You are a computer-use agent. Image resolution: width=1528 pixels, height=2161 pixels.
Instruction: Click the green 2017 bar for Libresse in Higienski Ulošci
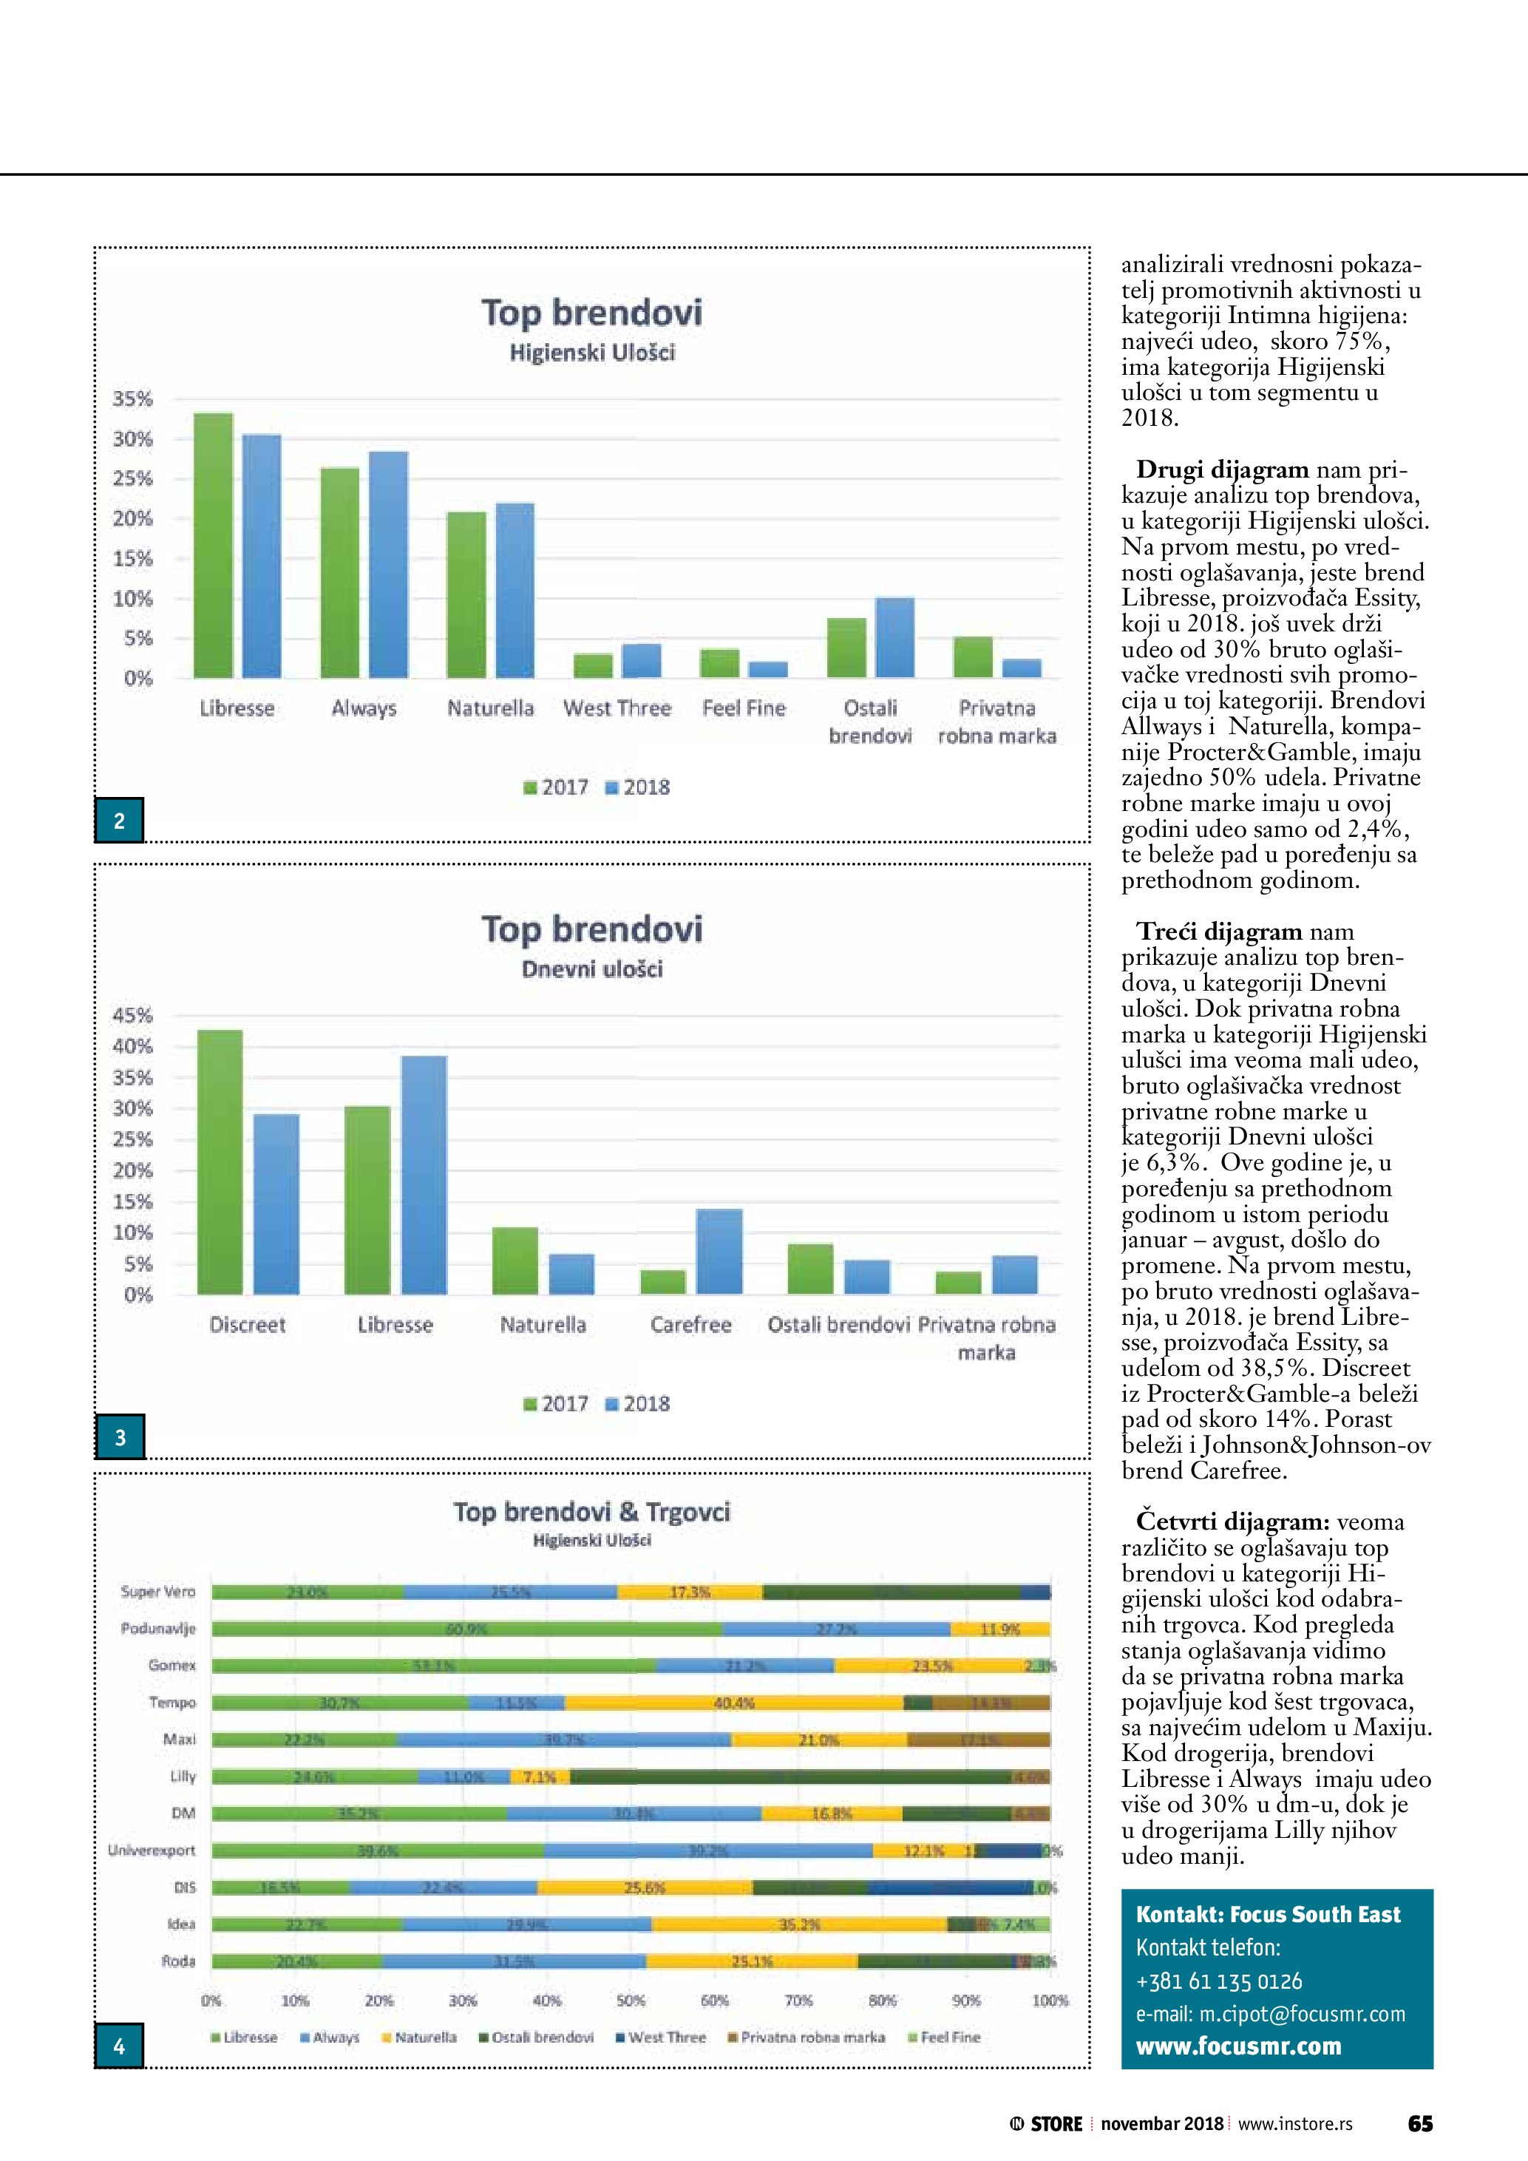(x=214, y=546)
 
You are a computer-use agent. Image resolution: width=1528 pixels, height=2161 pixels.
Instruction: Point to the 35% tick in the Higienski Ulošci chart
(x=132, y=399)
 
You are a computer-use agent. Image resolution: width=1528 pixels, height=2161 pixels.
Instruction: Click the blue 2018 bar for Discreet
(x=276, y=1205)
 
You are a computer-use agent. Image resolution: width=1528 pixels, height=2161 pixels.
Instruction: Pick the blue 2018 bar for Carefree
(x=719, y=1252)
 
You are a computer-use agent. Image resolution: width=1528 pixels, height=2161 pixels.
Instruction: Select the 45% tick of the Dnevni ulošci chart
(x=132, y=1016)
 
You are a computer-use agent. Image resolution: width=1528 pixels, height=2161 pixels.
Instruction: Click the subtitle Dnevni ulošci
(x=592, y=969)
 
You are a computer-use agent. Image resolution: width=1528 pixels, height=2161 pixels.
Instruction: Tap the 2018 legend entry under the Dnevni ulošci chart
(x=638, y=1404)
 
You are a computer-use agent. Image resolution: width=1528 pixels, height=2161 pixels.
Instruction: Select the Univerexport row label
(x=152, y=1850)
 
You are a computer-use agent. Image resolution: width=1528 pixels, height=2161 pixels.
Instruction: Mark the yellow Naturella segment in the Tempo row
(x=734, y=1703)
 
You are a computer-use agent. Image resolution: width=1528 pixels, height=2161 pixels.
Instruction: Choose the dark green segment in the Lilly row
(x=790, y=1777)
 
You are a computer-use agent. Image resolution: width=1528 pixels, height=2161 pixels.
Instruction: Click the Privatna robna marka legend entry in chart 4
(x=807, y=2038)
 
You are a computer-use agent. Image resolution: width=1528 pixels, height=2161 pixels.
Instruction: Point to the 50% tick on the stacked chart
(x=631, y=2001)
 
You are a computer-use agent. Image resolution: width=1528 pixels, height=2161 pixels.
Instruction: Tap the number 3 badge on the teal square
(x=120, y=1437)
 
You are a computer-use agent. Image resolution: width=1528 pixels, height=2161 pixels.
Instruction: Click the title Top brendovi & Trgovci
(x=592, y=1513)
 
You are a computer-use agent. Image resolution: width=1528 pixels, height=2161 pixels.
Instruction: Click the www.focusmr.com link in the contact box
(x=1238, y=2046)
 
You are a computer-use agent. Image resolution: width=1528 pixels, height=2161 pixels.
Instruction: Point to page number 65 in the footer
(x=1420, y=2124)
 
